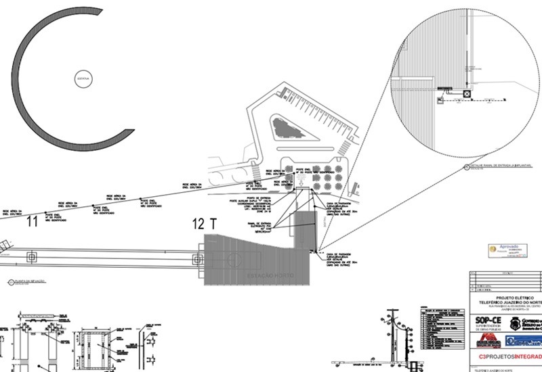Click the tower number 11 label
pyautogui.click(x=31, y=220)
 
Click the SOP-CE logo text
pyautogui.click(x=489, y=321)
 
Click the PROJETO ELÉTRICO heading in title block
pyautogui.click(x=507, y=298)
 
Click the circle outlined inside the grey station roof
pyautogui.click(x=234, y=260)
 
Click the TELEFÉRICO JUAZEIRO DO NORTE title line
pyautogui.click(x=507, y=303)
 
